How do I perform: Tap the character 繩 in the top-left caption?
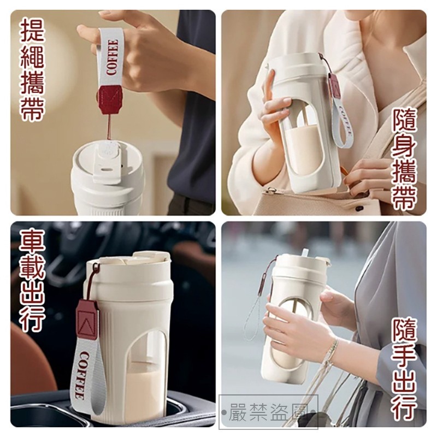33,56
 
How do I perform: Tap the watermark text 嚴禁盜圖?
269,412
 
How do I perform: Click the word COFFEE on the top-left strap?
112,57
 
